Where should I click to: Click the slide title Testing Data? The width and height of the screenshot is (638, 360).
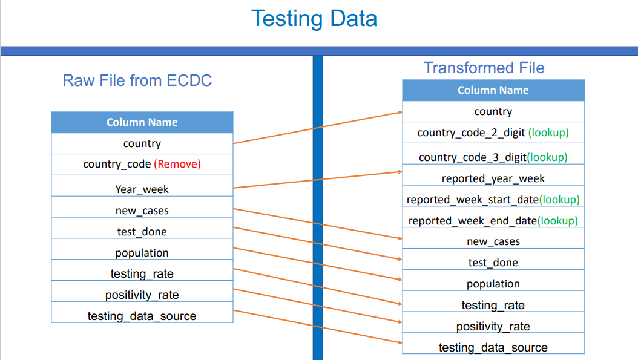coord(314,18)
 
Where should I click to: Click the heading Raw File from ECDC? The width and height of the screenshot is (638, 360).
coord(137,80)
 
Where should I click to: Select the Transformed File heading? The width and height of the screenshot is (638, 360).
coord(484,68)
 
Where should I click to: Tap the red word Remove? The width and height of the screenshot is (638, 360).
coord(177,164)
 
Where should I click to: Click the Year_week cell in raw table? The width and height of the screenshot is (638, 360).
coord(142,189)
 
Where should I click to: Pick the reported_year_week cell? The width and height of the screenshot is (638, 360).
coord(493,178)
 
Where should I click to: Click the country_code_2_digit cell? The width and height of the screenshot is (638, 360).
coord(493,132)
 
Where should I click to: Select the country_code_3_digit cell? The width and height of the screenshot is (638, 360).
coord(493,157)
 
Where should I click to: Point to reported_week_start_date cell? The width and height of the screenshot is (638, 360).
coord(493,200)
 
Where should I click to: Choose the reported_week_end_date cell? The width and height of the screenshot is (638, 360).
coord(493,221)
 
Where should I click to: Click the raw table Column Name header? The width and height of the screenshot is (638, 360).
coord(142,122)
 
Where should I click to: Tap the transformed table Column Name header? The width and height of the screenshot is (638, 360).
coord(493,90)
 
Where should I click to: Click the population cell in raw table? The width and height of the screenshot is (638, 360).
coord(142,253)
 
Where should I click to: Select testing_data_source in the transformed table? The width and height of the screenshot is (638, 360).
coord(493,347)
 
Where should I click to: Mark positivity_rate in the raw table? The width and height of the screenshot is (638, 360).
coord(142,295)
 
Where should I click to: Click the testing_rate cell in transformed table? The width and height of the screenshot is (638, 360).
coord(493,305)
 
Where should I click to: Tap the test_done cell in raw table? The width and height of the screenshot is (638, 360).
coord(142,232)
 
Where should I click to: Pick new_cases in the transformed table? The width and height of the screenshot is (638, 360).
coord(493,241)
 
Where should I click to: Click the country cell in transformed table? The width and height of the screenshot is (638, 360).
coord(493,111)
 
